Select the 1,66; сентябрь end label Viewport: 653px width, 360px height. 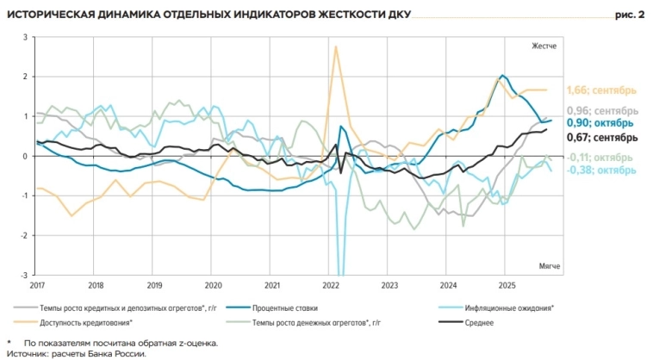601,90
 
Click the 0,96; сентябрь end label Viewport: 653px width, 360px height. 602,111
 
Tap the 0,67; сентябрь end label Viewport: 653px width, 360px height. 601,137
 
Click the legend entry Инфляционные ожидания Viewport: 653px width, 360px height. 508,307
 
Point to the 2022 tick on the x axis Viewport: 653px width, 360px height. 332,285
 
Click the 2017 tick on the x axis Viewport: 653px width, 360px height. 37,285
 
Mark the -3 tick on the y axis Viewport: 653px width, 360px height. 24,275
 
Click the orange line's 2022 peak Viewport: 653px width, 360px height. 335,47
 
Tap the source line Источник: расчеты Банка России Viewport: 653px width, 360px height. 77,353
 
